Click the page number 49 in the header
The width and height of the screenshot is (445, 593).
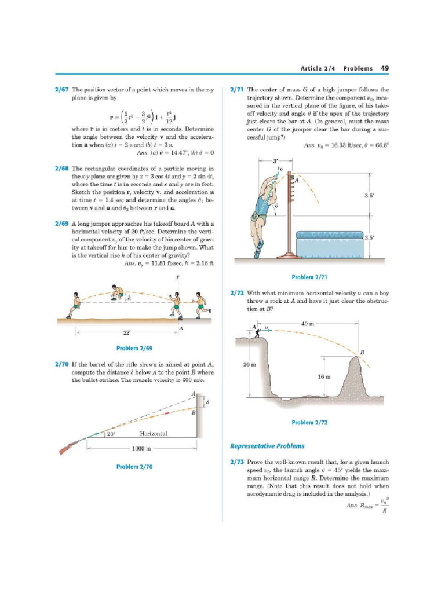[x=385, y=68]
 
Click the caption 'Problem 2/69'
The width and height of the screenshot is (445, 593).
[x=134, y=348]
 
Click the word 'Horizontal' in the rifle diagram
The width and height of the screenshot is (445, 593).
[x=154, y=434]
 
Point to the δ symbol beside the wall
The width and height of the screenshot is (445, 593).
[x=207, y=402]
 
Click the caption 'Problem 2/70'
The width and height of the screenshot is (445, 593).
[x=134, y=466]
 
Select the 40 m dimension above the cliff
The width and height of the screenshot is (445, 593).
[x=308, y=324]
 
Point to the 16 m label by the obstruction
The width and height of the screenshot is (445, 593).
[x=325, y=376]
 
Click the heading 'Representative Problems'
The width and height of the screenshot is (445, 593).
[x=267, y=446]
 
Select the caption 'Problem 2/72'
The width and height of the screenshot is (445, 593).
[x=310, y=423]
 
